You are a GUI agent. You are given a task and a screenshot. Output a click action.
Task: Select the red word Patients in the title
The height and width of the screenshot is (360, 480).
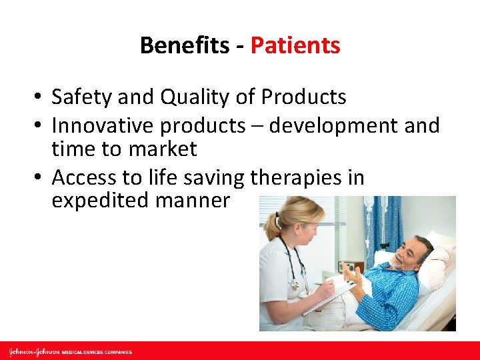(x=295, y=45)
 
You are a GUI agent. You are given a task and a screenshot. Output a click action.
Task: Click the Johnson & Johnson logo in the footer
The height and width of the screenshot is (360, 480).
(x=33, y=351)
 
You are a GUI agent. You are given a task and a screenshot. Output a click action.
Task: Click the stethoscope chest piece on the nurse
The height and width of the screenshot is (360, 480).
(x=294, y=284)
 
